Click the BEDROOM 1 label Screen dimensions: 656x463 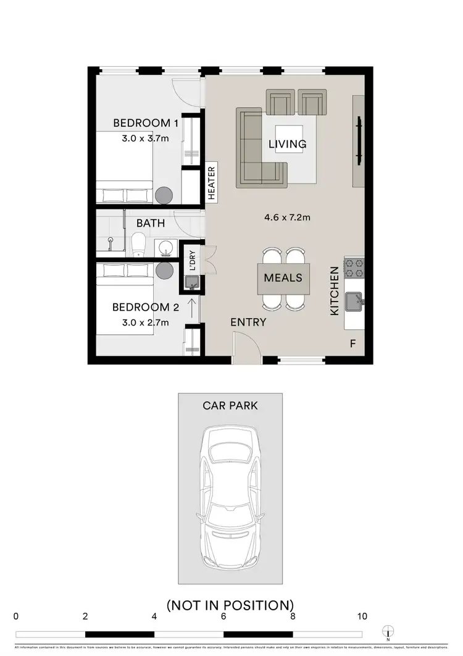coord(146,123)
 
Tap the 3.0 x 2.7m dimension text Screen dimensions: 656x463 coord(146,322)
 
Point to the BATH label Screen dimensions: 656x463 coord(150,222)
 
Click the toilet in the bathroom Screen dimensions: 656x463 coord(139,245)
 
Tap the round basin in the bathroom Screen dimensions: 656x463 coord(165,248)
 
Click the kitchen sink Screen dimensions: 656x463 coord(354,302)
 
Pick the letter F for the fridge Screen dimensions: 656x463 coord(352,343)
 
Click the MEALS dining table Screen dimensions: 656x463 coord(283,277)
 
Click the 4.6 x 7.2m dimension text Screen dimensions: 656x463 coord(286,217)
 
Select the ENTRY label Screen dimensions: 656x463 coord(248,322)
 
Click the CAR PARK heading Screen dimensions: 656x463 coord(230,406)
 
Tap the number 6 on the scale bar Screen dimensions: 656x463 coord(223,616)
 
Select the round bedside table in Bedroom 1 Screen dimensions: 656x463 coord(165,195)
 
